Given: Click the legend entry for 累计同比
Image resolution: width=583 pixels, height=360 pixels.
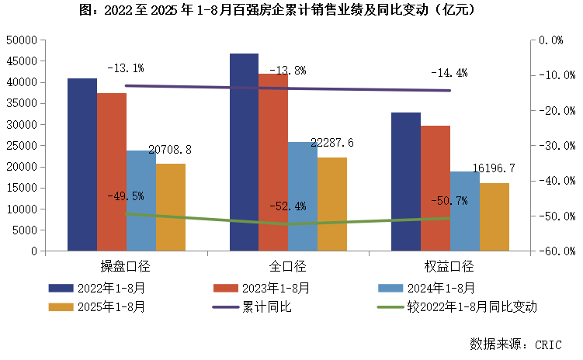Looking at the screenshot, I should [x=269, y=306].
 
